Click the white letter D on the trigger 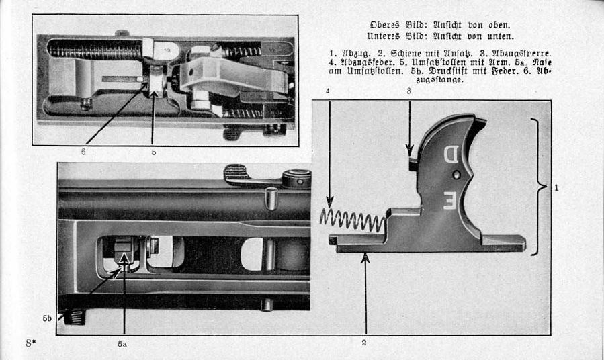point(450,155)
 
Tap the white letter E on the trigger point(449,199)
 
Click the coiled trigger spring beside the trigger point(351,220)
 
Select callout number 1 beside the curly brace point(557,188)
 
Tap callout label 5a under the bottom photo point(122,343)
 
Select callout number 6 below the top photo point(83,152)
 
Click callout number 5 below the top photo point(154,152)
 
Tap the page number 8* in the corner point(31,343)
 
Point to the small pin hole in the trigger point(457,175)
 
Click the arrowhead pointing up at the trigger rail point(365,256)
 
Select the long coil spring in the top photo point(94,48)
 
